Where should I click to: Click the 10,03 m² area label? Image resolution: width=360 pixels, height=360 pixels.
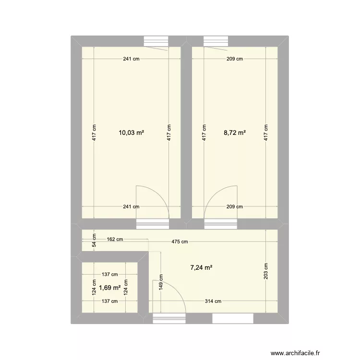pos(132,132)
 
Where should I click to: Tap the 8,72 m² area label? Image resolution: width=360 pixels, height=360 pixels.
pos(235,132)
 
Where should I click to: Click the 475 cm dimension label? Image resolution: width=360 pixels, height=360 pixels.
pos(180,242)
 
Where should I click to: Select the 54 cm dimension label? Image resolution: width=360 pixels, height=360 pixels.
pos(95,240)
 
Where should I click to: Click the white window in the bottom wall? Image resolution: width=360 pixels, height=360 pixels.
pos(233,318)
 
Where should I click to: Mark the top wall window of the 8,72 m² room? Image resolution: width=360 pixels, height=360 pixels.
pos(217,41)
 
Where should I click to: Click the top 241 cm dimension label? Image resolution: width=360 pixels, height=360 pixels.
pos(131,60)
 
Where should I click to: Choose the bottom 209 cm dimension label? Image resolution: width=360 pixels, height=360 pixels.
pos(235,207)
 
